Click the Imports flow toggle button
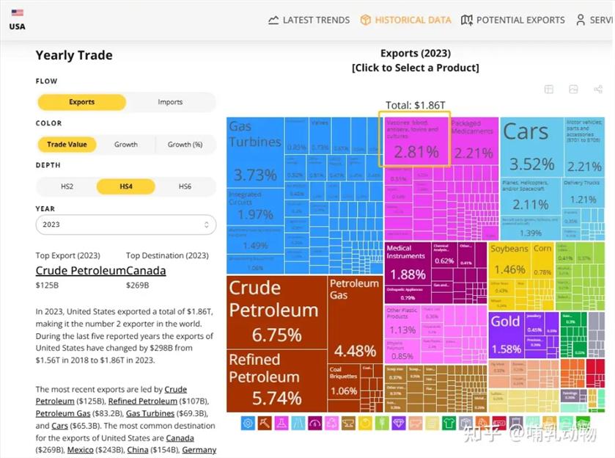(170, 102)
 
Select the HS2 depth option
(67, 186)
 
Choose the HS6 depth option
(185, 186)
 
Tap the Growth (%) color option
(185, 145)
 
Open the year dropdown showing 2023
(125, 225)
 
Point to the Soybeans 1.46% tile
(509, 260)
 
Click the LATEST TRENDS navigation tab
(309, 20)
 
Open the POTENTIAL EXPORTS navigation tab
(513, 20)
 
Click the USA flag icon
(17, 12)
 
